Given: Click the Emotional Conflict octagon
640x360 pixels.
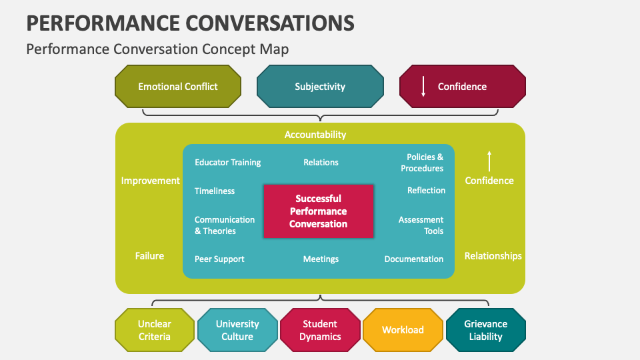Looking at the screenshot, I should coord(178,87).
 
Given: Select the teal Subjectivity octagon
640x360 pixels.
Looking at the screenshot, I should coord(320,87).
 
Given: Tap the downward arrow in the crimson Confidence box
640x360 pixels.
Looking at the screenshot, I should coord(423,87).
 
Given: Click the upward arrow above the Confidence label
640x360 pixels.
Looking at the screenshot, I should coord(489,161).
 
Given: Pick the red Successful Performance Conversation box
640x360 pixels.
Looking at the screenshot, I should coord(318,211).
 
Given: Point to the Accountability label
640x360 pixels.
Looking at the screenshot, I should coord(315,135).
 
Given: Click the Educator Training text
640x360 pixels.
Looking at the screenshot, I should coord(227,163).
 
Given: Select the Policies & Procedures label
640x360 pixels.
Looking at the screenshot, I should coord(421,163).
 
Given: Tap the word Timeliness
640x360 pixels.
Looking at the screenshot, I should coord(215,191).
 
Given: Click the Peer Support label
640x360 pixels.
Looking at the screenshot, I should coord(219,259).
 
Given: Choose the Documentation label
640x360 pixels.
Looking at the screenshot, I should coord(413,259).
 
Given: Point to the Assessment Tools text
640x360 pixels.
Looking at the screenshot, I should coord(421,225).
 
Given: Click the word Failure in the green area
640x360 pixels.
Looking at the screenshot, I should coord(149,256).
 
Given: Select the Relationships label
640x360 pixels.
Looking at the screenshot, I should coord(493,256).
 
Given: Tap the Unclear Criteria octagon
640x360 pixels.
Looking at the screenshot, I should coord(155,330).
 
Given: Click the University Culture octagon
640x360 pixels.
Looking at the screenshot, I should coord(237,330).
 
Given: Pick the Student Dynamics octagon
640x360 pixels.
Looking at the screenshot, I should coord(320,330).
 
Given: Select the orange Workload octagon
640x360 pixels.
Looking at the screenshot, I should coord(403,330).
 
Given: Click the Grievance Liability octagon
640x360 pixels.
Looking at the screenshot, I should coord(485,330).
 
